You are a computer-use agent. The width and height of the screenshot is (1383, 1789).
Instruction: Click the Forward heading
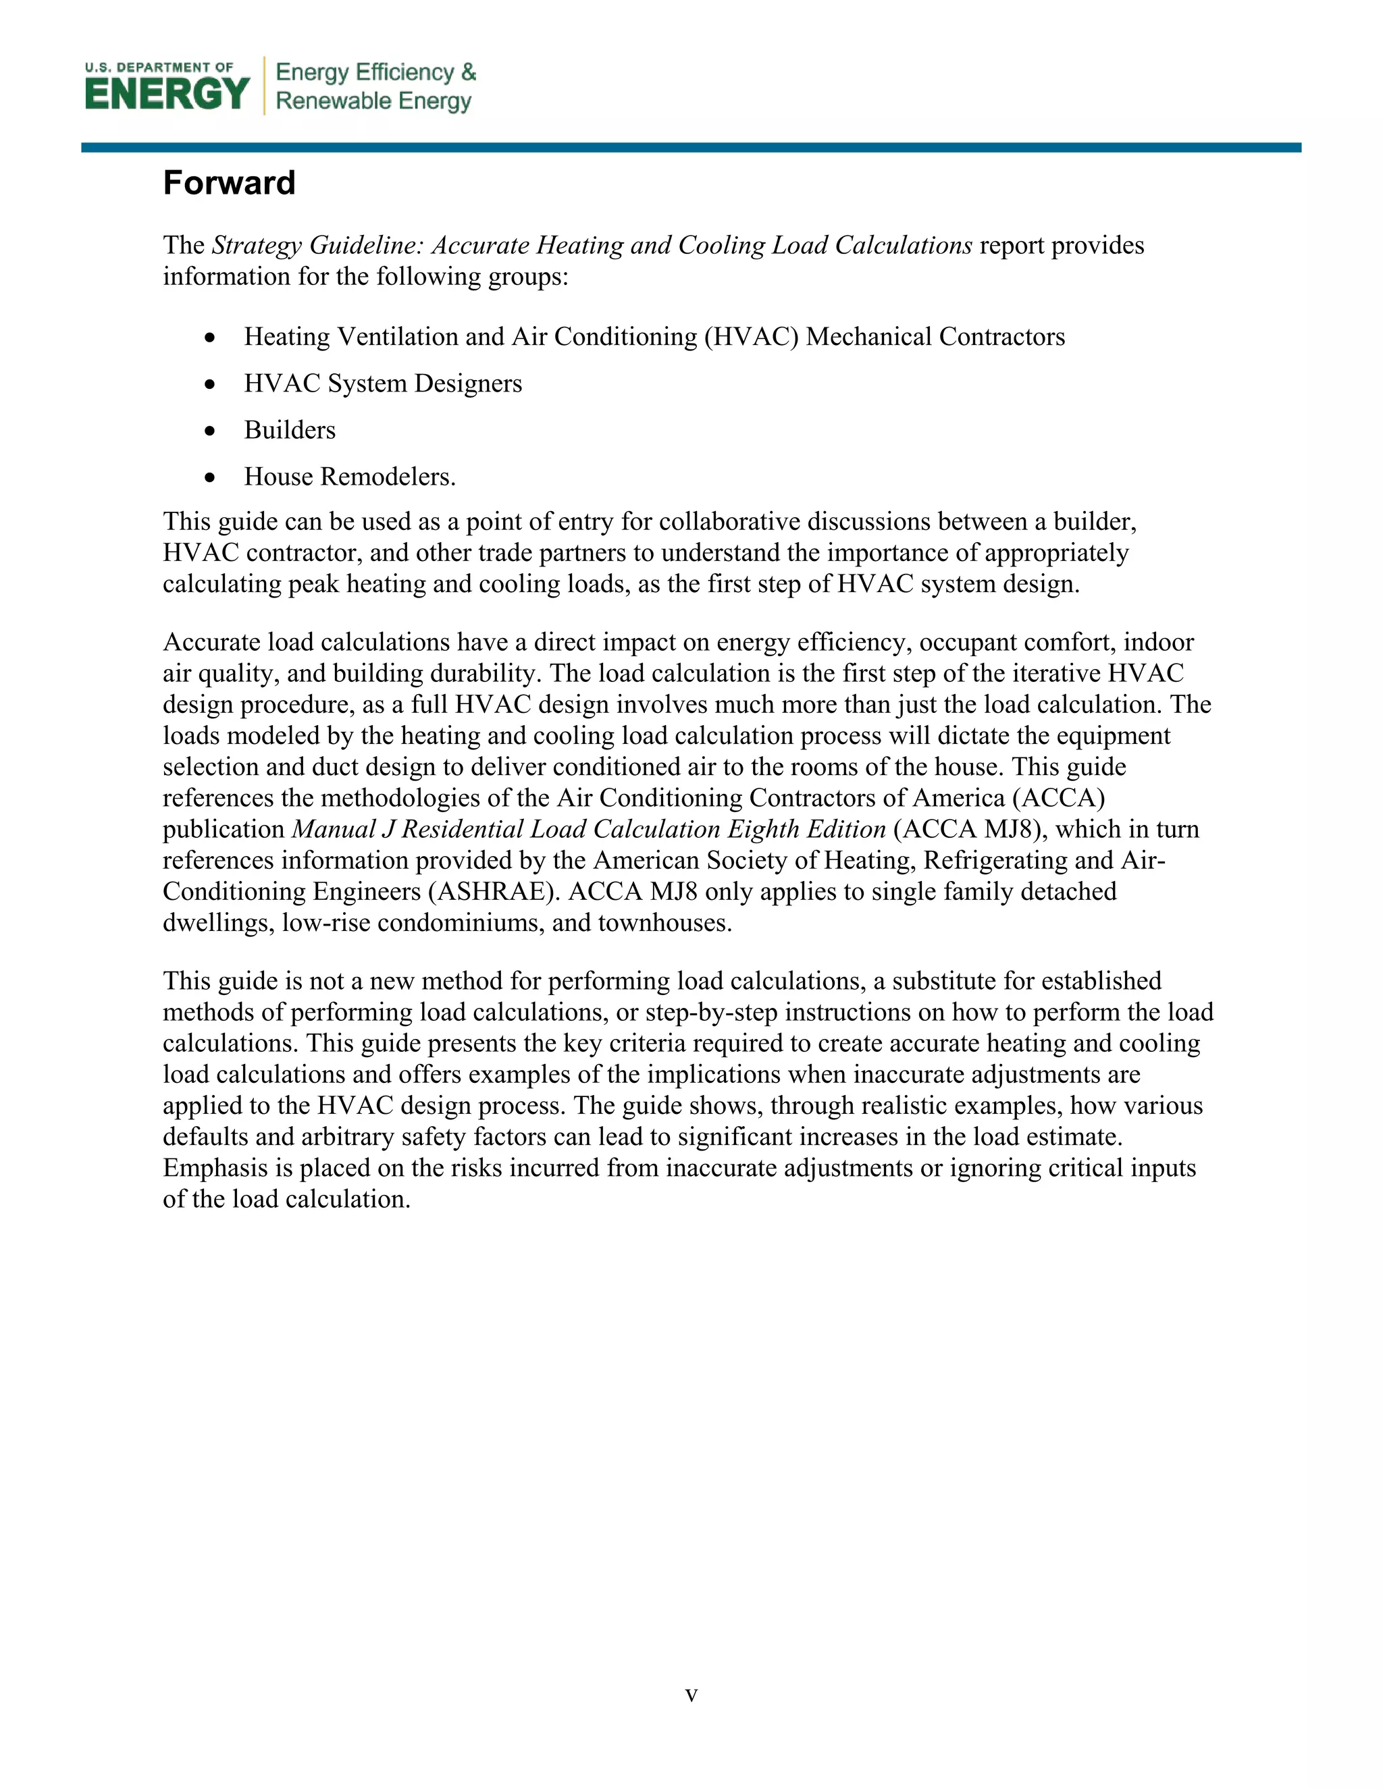(229, 183)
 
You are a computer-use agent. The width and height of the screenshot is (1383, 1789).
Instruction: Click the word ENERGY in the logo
(167, 93)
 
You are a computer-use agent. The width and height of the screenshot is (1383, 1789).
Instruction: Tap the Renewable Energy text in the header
(373, 101)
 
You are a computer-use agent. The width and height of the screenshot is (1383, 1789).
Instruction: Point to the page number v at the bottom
(691, 1694)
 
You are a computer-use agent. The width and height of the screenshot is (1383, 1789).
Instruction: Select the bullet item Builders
(289, 430)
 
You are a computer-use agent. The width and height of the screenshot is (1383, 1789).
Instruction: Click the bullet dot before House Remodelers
(211, 477)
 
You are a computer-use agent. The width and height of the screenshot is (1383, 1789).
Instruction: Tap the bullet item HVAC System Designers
(383, 383)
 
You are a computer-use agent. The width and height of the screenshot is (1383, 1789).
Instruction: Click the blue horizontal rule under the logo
(691, 147)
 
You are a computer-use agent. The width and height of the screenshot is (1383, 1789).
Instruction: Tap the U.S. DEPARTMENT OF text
(159, 67)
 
